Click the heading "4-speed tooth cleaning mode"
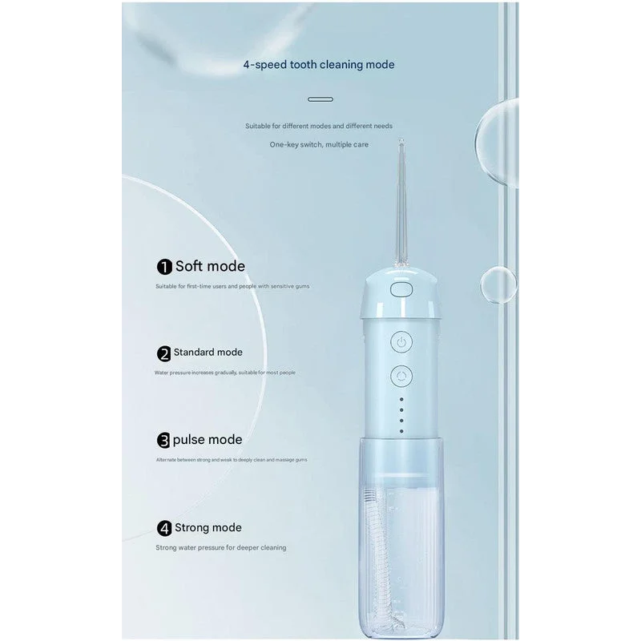[x=319, y=64]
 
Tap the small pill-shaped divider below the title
[x=320, y=99]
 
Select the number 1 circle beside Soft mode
[x=164, y=267]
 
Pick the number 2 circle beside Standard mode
[x=164, y=353]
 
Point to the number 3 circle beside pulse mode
[x=164, y=440]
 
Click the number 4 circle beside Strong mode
[x=164, y=528]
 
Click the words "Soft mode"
[x=210, y=266]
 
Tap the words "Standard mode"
[x=208, y=352]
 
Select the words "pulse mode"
[x=208, y=439]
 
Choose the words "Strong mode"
[x=208, y=527]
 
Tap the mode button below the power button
[x=401, y=375]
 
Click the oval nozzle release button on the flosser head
[x=400, y=288]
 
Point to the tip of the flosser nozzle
[x=401, y=143]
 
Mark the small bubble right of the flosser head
[x=498, y=284]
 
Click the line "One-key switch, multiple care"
[x=319, y=145]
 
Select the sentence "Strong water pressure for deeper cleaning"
[x=221, y=548]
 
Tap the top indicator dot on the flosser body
[x=401, y=398]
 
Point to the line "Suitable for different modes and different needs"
[x=319, y=126]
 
